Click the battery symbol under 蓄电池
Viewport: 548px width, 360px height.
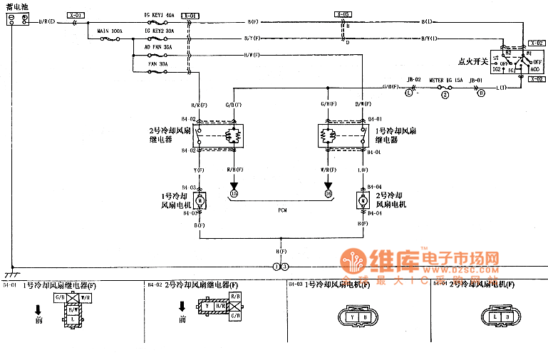(x=18, y=21)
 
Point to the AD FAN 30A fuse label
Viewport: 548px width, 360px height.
(x=157, y=48)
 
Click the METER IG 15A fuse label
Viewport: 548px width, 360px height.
(x=445, y=80)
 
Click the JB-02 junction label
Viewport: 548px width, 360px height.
(x=413, y=80)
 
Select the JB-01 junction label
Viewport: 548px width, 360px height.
(x=475, y=80)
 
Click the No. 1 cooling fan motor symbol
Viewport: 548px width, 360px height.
(x=200, y=200)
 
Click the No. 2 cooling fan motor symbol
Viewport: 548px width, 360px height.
(x=363, y=200)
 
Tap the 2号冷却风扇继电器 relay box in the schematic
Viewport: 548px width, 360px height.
(x=219, y=135)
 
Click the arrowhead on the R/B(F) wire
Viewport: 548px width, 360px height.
(x=234, y=185)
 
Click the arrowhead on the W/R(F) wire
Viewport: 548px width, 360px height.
(x=328, y=185)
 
